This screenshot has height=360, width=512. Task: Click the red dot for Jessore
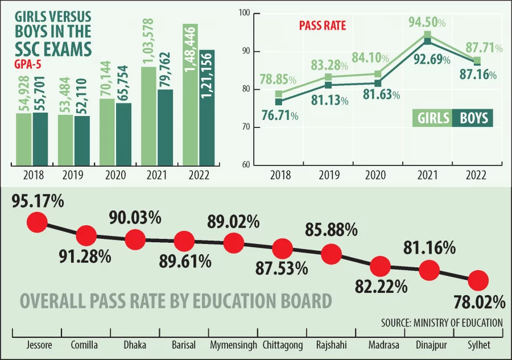tap(37, 222)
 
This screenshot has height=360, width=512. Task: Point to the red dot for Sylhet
tap(478, 280)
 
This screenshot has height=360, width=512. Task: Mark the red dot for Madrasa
tap(379, 266)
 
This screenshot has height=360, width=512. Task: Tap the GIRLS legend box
tap(432, 118)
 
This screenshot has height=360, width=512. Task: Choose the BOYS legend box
tap(473, 118)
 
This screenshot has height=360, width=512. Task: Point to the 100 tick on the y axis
tap(246, 13)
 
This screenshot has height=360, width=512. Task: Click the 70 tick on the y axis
tap(246, 127)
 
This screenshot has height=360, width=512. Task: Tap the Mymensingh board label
tap(233, 345)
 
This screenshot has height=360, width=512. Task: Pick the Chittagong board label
tap(282, 345)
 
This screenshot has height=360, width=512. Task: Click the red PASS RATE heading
tap(322, 26)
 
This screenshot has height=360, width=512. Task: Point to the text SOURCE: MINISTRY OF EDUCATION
tap(442, 322)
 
